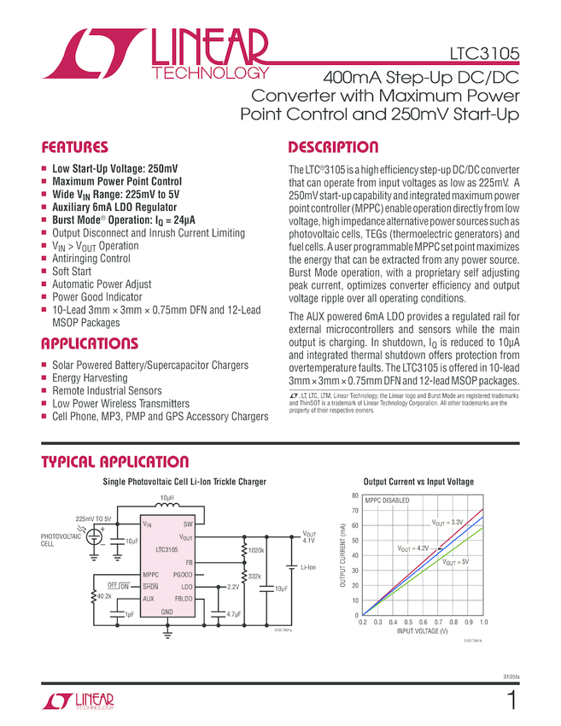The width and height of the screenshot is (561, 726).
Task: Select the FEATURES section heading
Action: pyautogui.click(x=75, y=146)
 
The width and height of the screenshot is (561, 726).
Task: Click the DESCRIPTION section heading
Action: pyautogui.click(x=333, y=146)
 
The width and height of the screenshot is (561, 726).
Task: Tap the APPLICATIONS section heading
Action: pyautogui.click(x=90, y=344)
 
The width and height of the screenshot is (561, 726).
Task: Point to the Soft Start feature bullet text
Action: pyautogui.click(x=72, y=271)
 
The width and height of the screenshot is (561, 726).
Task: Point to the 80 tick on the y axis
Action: pyautogui.click(x=354, y=495)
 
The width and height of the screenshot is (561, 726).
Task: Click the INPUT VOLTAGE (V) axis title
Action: pyautogui.click(x=422, y=631)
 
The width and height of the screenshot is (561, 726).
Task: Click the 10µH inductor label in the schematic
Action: pyautogui.click(x=168, y=496)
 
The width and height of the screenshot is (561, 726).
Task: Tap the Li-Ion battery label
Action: pyautogui.click(x=309, y=565)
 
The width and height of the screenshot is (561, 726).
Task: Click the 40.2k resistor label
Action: pyautogui.click(x=105, y=596)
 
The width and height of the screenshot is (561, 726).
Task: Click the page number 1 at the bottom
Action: pyautogui.click(x=511, y=702)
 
